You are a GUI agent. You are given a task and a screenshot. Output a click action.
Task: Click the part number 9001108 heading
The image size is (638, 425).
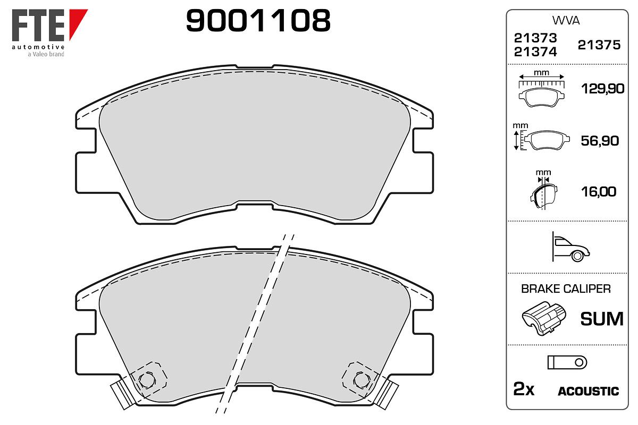pos(258,20)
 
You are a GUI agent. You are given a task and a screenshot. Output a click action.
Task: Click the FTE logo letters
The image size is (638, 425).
pos(38,25)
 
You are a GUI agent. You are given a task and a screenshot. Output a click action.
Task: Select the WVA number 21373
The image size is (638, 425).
pos(535,38)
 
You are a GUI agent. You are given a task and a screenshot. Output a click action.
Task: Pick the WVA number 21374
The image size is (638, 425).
pos(535,52)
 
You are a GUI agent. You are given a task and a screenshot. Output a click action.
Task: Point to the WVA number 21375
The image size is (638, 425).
pos(599,45)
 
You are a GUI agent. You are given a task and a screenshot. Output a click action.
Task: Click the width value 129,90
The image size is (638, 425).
pos(603,89)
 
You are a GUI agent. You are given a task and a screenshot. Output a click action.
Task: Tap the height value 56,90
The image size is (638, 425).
pos(600,141)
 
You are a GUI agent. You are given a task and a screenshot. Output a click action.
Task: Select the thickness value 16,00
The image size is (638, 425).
pos(599,192)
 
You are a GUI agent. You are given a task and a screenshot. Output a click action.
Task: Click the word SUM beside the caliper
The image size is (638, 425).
pos(602,319)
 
